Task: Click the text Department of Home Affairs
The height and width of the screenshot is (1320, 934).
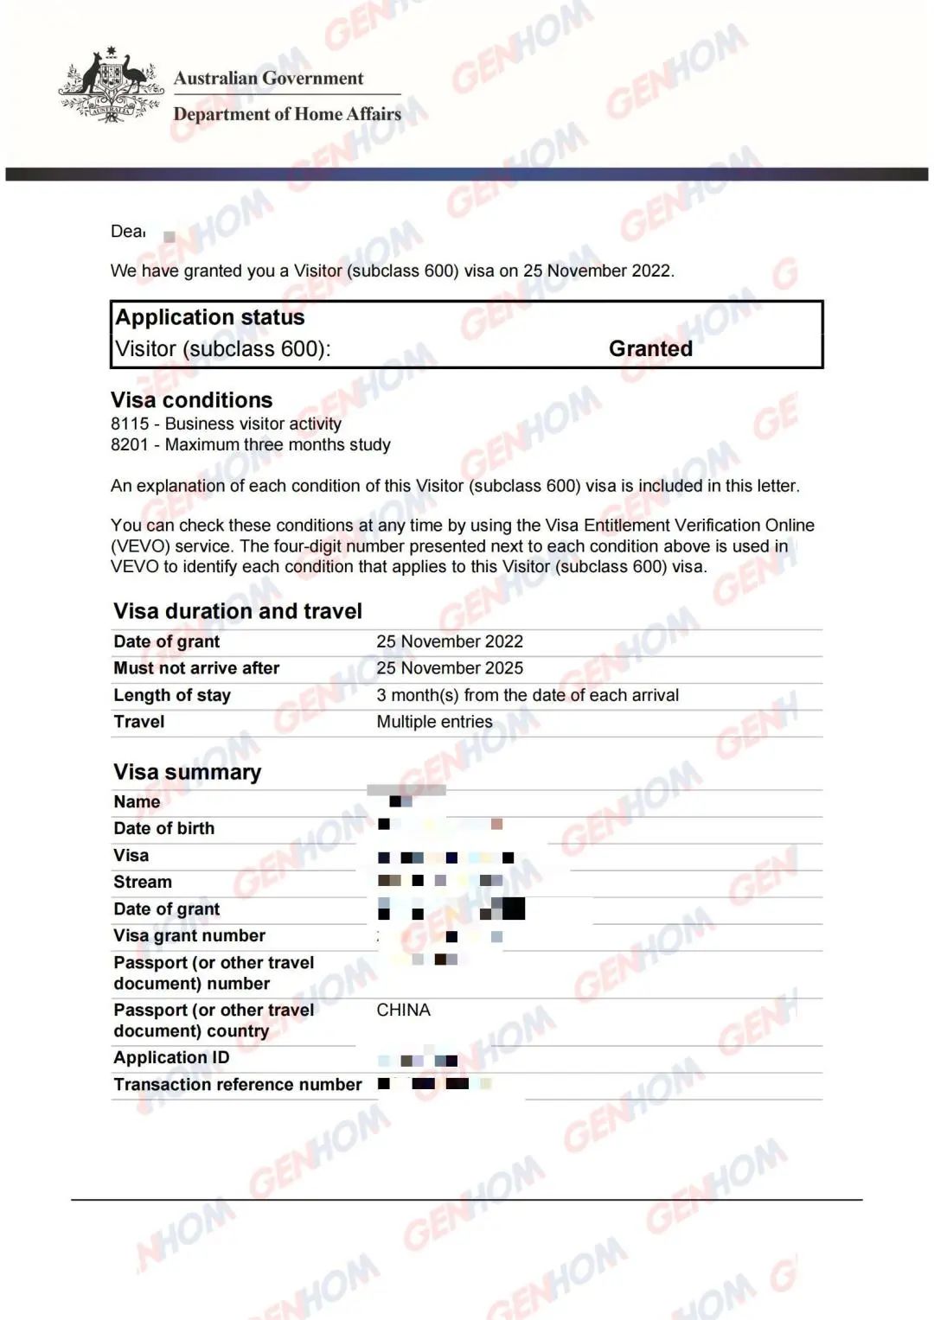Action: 287,114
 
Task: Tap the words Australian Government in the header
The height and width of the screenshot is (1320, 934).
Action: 268,78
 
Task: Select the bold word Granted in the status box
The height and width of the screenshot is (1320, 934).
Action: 650,348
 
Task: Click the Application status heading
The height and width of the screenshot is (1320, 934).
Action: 210,317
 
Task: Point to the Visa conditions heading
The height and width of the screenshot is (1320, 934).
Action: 191,400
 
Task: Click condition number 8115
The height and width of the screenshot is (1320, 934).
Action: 130,424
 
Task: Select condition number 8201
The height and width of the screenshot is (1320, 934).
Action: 130,444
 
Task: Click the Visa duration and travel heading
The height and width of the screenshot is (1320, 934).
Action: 238,611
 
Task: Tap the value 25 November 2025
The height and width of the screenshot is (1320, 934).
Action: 450,668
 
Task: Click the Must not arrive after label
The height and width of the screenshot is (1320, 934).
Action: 196,668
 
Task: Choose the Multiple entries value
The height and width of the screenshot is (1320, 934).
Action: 434,722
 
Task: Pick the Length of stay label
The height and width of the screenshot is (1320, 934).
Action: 172,695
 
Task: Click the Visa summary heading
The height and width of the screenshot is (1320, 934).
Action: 187,772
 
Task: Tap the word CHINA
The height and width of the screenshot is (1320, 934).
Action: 403,1010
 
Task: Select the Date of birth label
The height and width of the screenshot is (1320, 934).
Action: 163,828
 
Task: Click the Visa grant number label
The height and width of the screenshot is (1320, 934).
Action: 189,935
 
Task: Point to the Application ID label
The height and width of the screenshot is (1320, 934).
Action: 171,1057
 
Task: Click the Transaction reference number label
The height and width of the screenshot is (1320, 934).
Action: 238,1084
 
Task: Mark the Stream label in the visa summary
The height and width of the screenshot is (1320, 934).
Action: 143,882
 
